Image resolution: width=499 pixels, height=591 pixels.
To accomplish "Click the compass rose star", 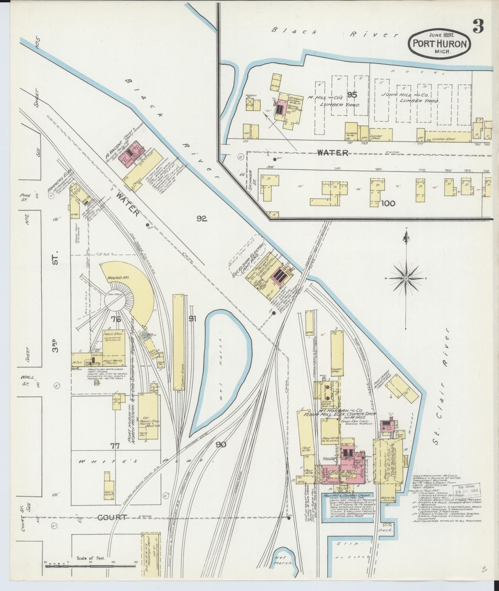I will (406, 278).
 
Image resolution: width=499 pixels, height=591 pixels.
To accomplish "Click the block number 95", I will (352, 95).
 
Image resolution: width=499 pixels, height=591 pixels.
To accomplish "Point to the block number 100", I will (388, 203).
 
